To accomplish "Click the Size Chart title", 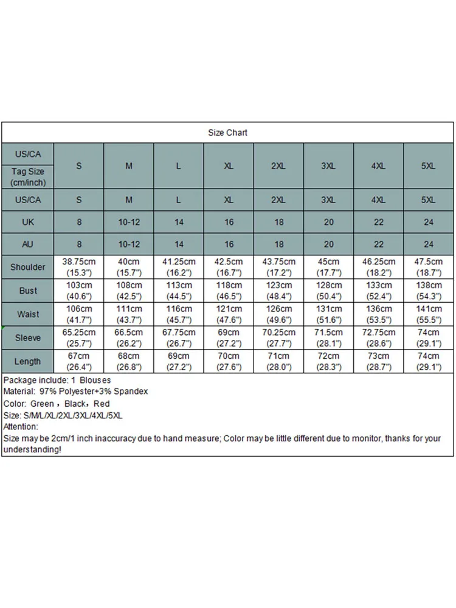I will coord(228,133).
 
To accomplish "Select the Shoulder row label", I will coord(28,267).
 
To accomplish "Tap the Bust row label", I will coord(28,291).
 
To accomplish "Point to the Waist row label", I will coord(28,314).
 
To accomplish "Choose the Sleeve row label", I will coord(28,337).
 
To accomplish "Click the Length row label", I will coord(28,361).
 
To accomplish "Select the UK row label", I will coord(28,222).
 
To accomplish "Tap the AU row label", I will coord(28,245).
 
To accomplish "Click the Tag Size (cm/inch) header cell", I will coord(28,176).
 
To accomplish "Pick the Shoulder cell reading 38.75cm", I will coord(79,262).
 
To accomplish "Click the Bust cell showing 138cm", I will coord(429,285).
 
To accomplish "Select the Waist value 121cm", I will coord(229,309).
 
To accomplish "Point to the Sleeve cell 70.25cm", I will coord(278,333).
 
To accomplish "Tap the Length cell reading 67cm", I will coord(79,356).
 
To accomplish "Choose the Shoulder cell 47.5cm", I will coord(429,262).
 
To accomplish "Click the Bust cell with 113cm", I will coord(179,285).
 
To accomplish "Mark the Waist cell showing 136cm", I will coord(379,309).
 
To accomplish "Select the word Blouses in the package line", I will coord(95,380).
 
